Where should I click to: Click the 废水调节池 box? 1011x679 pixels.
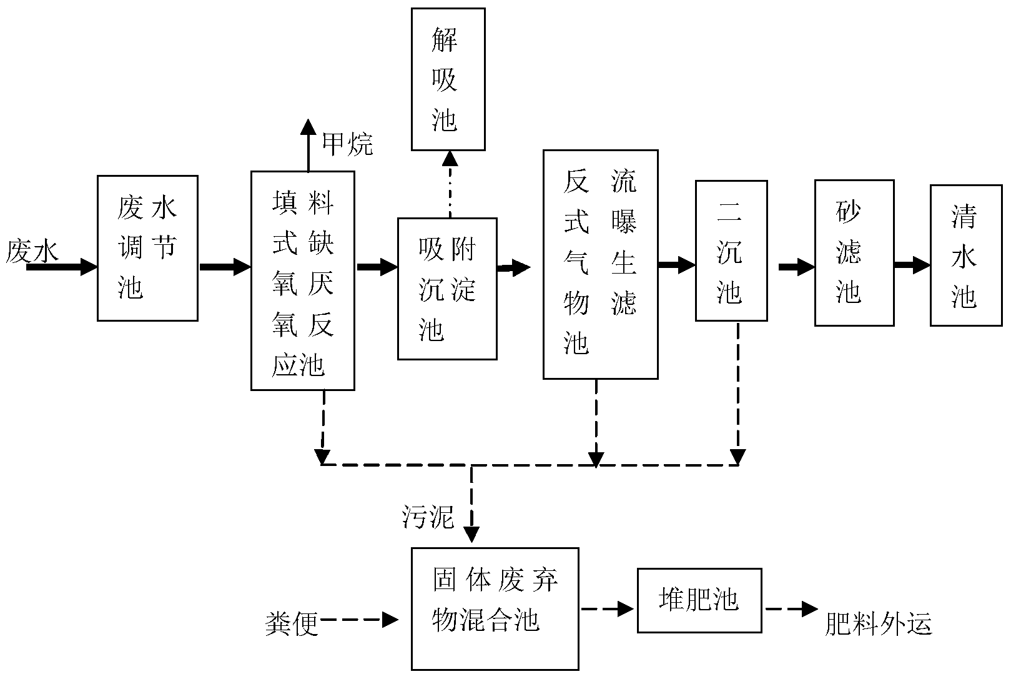147,248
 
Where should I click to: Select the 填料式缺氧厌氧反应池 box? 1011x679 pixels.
303,281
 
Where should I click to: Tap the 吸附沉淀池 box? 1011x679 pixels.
447,289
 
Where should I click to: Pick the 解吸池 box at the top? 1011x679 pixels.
448,79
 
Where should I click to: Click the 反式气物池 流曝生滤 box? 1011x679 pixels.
600,264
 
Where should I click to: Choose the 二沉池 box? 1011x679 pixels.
731,251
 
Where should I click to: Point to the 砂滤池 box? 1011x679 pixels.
854,253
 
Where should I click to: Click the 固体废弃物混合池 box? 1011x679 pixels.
495,608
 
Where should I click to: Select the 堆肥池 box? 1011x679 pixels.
699,600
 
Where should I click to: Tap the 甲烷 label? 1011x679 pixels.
348,144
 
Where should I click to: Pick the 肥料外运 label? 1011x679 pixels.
878,623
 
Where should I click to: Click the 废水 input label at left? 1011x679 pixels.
32,251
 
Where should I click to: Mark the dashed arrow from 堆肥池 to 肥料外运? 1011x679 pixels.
792,609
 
